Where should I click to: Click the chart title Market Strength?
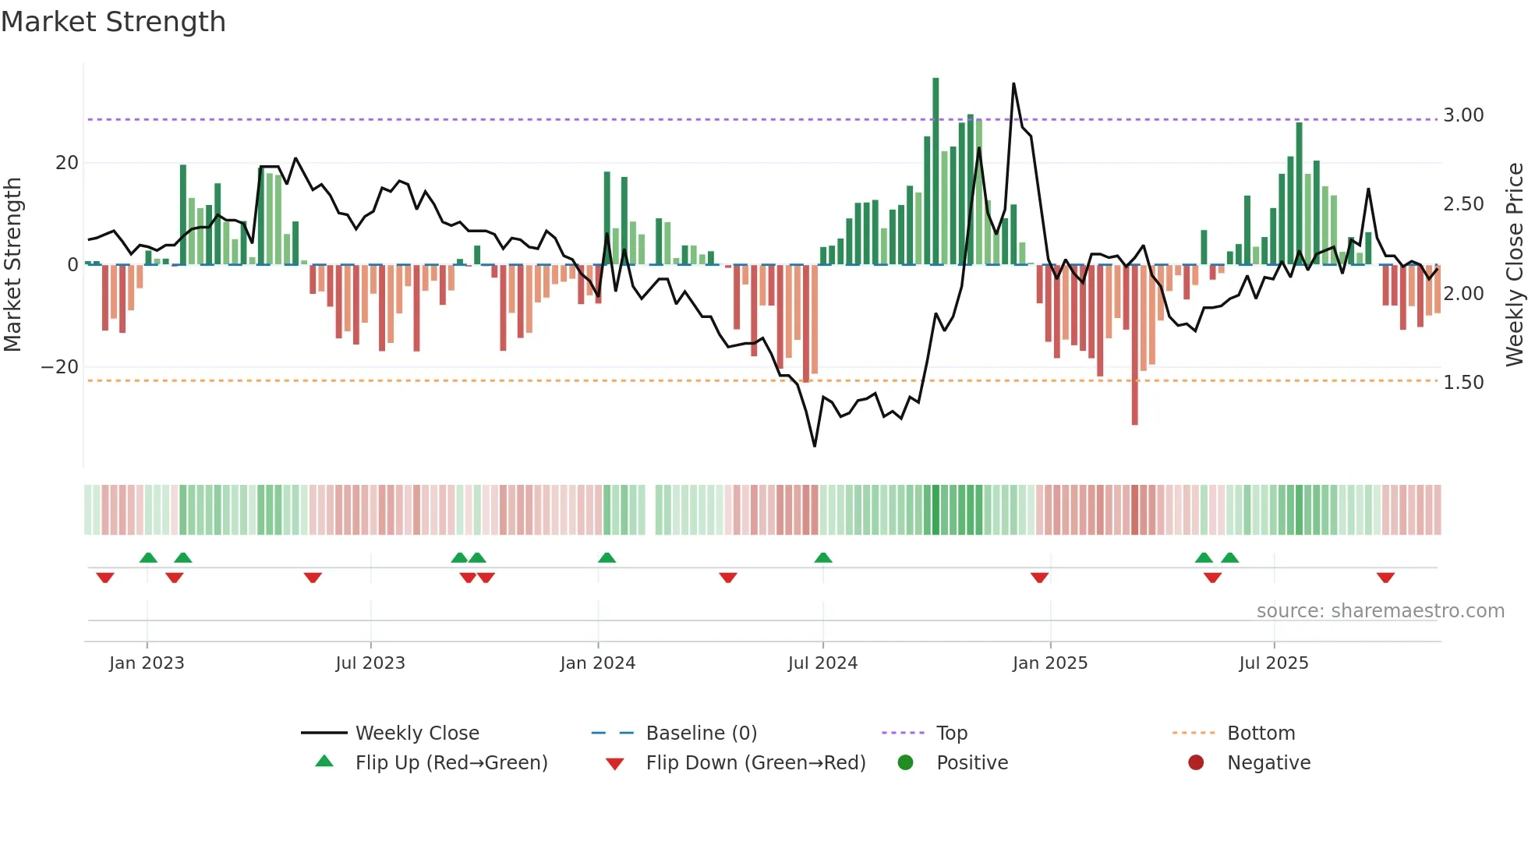click(x=113, y=22)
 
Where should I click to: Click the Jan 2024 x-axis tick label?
click(x=597, y=663)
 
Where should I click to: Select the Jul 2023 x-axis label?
click(x=370, y=663)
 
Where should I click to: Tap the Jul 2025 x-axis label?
click(x=1273, y=663)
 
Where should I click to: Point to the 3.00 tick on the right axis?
click(x=1463, y=115)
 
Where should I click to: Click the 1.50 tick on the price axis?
click(x=1463, y=383)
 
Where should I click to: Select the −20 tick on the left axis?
click(x=60, y=367)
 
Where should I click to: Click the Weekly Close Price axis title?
click(x=1514, y=264)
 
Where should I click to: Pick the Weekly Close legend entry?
click(x=416, y=734)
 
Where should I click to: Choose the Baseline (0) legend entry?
click(x=701, y=734)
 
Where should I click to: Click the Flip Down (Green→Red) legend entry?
click(x=755, y=763)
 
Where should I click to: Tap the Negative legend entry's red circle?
click(x=1196, y=763)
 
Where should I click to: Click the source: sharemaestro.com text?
click(x=1380, y=611)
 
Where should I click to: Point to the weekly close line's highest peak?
click(x=1013, y=83)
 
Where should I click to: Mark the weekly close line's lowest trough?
click(x=815, y=446)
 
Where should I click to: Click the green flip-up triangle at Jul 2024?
click(x=823, y=557)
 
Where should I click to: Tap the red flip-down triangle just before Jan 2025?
click(x=1039, y=578)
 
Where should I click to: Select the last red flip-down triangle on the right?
click(x=1385, y=578)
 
